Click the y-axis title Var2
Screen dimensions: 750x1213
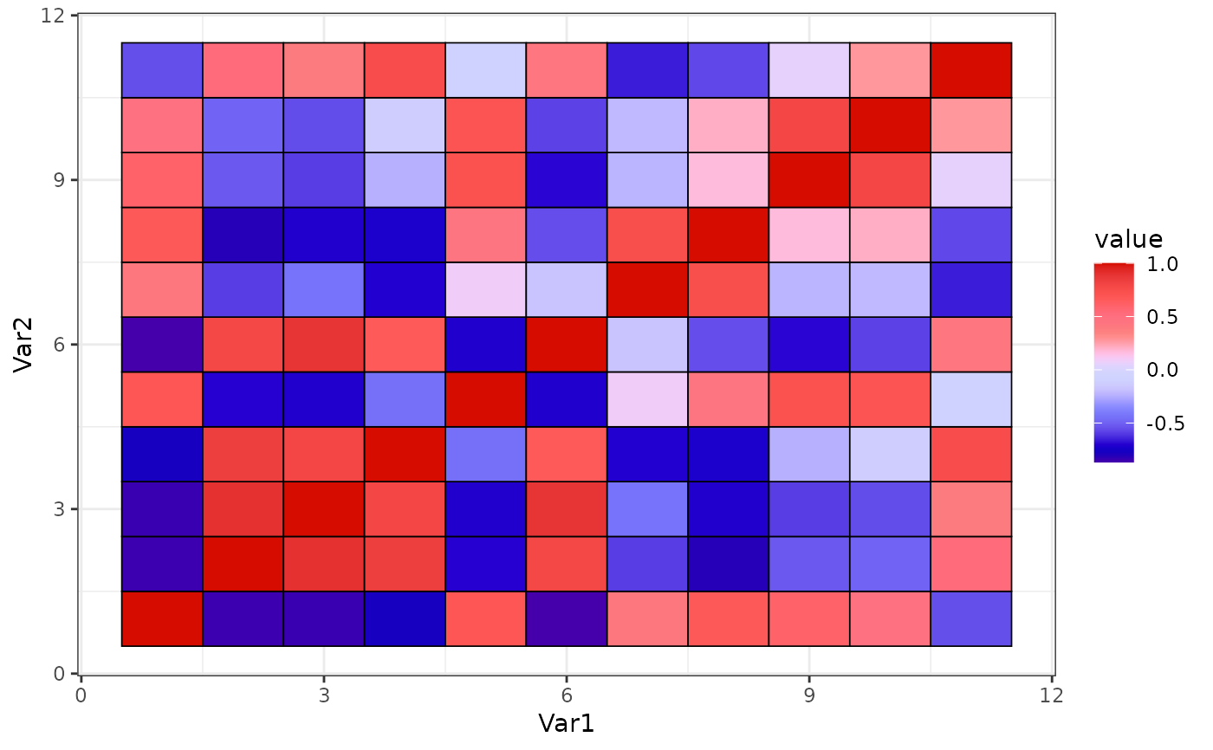[x=25, y=344]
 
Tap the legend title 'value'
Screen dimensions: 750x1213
[x=1128, y=239]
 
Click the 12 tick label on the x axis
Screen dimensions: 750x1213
[x=1052, y=695]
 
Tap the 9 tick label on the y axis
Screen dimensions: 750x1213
[x=63, y=180]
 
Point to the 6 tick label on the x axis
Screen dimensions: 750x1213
[x=566, y=695]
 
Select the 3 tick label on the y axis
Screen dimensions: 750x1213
[x=63, y=509]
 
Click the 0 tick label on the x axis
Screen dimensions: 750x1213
[x=81, y=695]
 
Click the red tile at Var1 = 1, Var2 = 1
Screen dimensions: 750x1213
[x=162, y=618]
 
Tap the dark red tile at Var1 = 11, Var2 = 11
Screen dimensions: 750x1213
[x=970, y=70]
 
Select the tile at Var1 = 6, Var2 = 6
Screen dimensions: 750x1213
[x=566, y=345]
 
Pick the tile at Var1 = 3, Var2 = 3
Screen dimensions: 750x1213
[x=324, y=509]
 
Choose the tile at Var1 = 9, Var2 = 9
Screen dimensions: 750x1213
[x=808, y=180]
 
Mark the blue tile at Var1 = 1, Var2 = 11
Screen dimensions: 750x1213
[x=162, y=70]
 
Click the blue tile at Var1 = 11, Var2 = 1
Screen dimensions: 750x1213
[x=970, y=618]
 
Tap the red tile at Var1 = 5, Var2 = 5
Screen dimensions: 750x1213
[x=485, y=399]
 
